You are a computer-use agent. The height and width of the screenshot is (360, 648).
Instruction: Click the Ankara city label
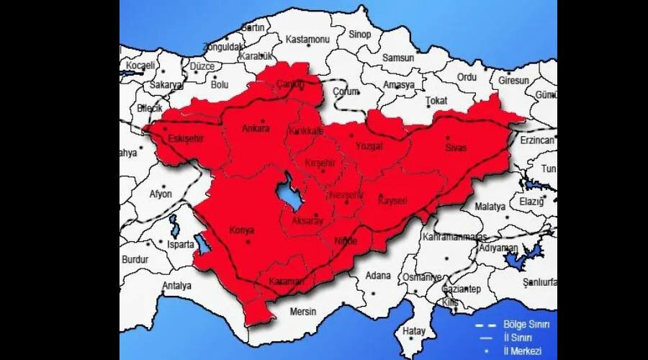[x=256, y=129]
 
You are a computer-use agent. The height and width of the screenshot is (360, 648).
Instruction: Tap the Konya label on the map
[x=241, y=230]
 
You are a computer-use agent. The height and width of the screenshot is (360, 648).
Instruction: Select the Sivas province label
[x=456, y=148]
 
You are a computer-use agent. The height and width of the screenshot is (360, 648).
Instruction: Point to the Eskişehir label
[x=186, y=138]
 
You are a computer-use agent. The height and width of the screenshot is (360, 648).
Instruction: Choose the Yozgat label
[x=369, y=146]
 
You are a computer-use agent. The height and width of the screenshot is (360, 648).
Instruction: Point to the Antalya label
[x=177, y=286]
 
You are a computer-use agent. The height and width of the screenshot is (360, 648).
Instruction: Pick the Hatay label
[x=413, y=330]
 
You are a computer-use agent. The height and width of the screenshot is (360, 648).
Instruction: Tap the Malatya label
[x=490, y=206]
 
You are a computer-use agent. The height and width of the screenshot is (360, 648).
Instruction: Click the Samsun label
[x=398, y=58]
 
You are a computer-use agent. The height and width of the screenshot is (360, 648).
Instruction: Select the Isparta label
[x=180, y=244]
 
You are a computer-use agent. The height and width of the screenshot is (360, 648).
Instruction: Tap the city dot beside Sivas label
[x=447, y=138]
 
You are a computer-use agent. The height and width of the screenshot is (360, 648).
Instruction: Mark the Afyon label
[x=161, y=194]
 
